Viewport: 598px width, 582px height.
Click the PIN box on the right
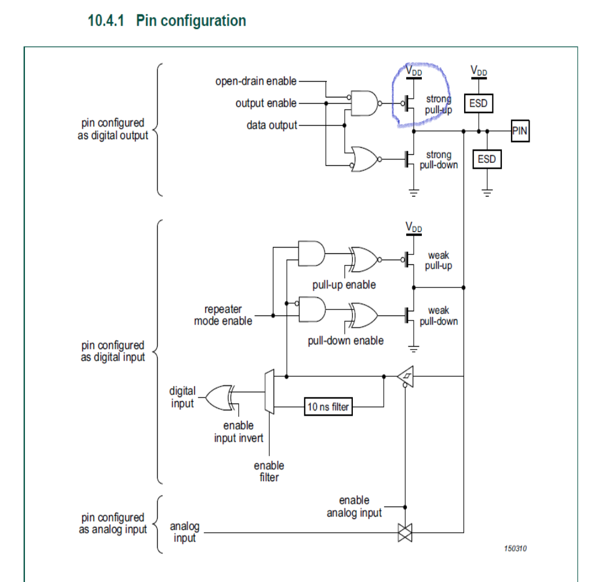point(520,131)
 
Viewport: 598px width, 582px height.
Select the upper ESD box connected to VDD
point(479,104)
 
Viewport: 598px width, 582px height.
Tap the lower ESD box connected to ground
point(487,159)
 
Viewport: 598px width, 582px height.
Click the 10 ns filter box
point(328,407)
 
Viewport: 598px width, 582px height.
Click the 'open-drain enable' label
point(256,81)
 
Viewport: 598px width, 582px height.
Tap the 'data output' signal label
point(272,125)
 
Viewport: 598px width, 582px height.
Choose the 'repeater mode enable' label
point(223,315)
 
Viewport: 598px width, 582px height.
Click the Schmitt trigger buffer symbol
point(406,377)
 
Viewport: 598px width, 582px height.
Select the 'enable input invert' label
point(239,432)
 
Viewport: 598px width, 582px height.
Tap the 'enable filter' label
point(269,471)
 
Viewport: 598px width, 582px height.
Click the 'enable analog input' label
point(354,506)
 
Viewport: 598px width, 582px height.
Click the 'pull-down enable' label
point(345,340)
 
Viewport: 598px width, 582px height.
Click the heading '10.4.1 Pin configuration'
point(167,21)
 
